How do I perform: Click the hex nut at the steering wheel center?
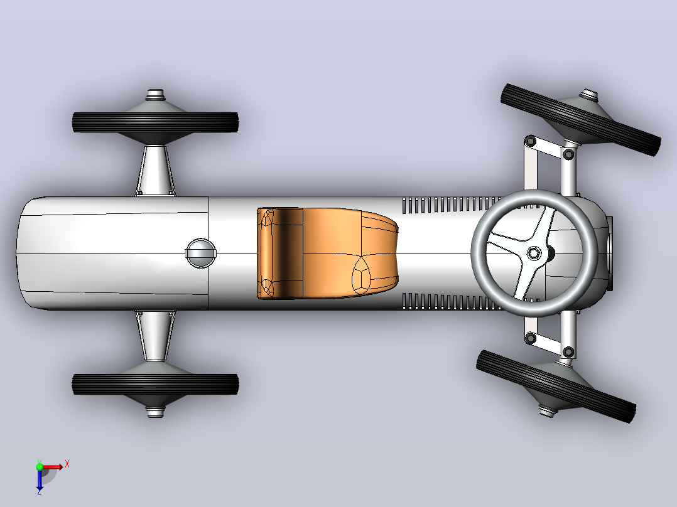[534, 253]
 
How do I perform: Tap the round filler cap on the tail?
[201, 253]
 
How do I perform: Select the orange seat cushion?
[327, 253]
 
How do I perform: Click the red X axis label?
[67, 464]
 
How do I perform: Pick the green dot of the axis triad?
[40, 467]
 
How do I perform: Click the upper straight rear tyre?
[156, 122]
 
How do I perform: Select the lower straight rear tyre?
[156, 384]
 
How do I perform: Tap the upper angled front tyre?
[581, 119]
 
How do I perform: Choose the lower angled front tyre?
[556, 386]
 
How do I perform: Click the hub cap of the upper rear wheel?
[156, 95]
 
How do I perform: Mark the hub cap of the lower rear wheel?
[156, 412]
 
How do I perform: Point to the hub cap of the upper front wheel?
[588, 95]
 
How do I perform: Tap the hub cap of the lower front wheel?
[547, 410]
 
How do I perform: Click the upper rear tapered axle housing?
[156, 171]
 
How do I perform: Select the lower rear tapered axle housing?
[156, 336]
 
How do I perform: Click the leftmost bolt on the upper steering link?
[531, 141]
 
